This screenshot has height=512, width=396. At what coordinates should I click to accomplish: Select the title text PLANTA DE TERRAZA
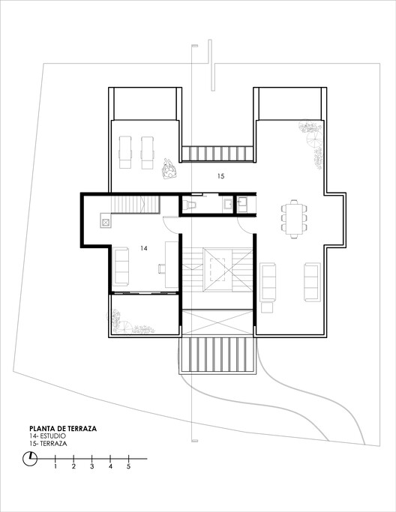pos(62,430)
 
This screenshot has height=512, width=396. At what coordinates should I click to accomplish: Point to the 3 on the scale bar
pos(92,466)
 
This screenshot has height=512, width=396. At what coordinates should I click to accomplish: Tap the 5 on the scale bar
pos(129,466)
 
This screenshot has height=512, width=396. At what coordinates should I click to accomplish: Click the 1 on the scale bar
pos(55,466)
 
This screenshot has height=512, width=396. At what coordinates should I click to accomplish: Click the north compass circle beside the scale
pos(29,460)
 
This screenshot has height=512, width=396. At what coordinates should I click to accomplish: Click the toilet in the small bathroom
pos(190,203)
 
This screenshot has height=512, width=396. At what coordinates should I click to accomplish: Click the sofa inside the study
pos(121,263)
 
